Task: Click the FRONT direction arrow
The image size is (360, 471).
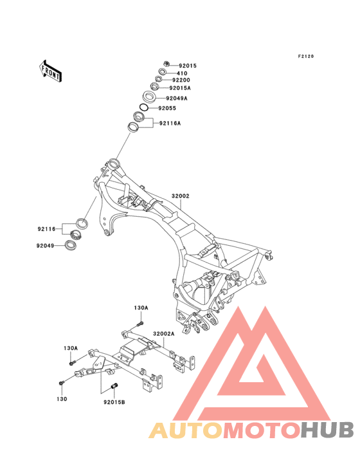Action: coord(50,71)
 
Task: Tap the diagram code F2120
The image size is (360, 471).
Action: coord(306,56)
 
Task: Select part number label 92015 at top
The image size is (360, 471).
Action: coord(188,66)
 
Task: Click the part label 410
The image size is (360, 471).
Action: coord(182,73)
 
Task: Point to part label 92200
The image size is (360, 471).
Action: coord(181,80)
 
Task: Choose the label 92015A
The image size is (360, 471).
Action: coord(180,88)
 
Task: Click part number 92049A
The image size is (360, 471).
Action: coord(177,98)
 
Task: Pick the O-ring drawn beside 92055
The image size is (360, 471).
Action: coord(144,107)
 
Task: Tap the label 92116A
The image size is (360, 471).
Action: coord(170,123)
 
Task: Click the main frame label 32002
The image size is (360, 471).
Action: coord(181,196)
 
